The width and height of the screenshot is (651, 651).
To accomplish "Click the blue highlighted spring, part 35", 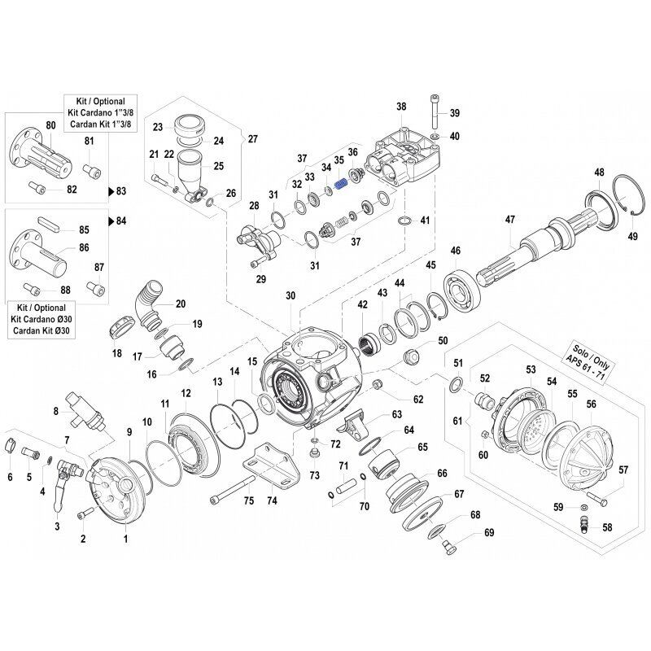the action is tap(342, 184).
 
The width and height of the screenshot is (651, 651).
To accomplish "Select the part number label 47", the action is tap(510, 219).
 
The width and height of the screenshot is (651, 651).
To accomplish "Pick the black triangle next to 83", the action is tap(111, 191).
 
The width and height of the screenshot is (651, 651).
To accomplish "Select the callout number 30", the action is tap(291, 295).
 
